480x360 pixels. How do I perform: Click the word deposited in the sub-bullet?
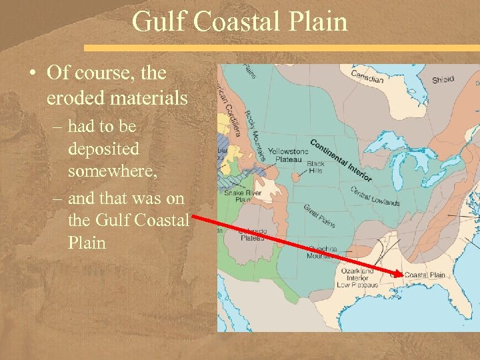[103, 148]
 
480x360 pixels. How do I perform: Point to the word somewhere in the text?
[113, 172]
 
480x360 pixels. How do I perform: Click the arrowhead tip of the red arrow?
[402, 275]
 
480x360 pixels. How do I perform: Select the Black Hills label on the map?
[316, 167]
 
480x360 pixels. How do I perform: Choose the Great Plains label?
[319, 215]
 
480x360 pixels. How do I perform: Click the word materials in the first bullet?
[150, 97]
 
